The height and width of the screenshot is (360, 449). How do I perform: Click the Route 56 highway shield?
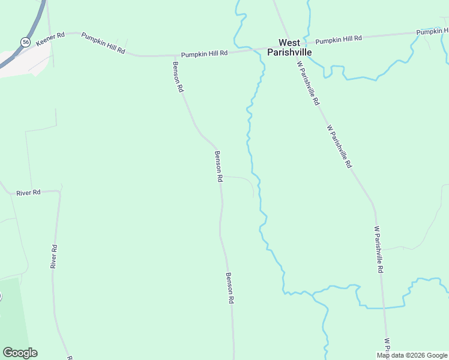pos(25,41)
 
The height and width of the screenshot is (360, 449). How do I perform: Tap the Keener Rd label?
pos(50,40)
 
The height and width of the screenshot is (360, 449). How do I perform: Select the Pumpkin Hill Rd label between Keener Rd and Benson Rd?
pos(103,43)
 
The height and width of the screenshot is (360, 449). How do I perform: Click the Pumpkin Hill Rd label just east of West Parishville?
pos(339,39)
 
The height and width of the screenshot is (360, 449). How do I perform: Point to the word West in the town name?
pos(289,43)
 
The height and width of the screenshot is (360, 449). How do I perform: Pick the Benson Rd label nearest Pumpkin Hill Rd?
pos(178,76)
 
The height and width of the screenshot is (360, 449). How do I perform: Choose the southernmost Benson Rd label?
pos(229,288)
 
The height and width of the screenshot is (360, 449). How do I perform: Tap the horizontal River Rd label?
pos(28,193)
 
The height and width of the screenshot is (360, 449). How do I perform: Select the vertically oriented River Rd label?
pos(54,256)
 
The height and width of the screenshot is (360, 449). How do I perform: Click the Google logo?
pos(20,353)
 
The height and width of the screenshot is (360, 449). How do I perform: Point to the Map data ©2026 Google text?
pos(412,355)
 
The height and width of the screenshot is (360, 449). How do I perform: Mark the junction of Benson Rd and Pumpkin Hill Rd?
pos(175,56)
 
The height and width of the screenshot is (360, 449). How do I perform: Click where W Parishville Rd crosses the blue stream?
pos(384,308)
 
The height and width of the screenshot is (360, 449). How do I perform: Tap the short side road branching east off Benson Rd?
pos(240,178)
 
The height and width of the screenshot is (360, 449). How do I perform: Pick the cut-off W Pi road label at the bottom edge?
pos(387,347)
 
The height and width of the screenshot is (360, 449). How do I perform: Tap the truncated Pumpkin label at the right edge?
pos(432,31)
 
